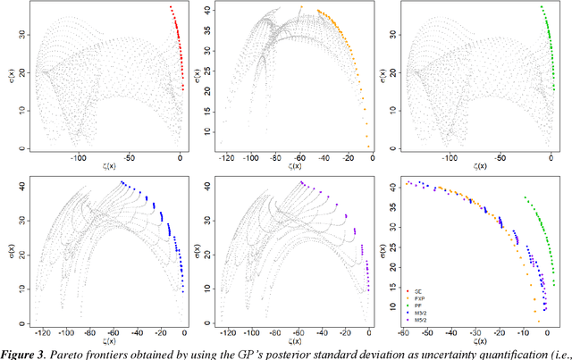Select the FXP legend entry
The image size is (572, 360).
414,299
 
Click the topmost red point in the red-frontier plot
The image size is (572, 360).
171,7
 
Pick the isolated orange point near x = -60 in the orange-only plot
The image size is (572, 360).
300,8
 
